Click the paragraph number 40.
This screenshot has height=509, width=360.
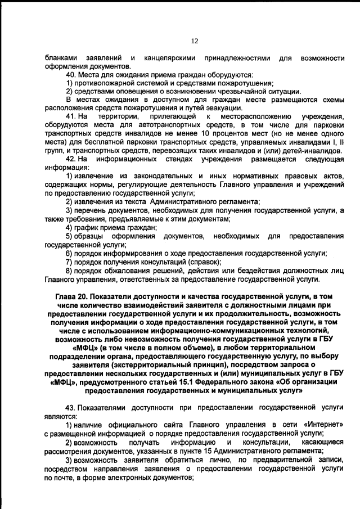click(x=71, y=75)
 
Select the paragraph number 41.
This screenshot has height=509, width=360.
click(x=71, y=116)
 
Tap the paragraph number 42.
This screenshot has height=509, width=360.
click(x=71, y=160)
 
